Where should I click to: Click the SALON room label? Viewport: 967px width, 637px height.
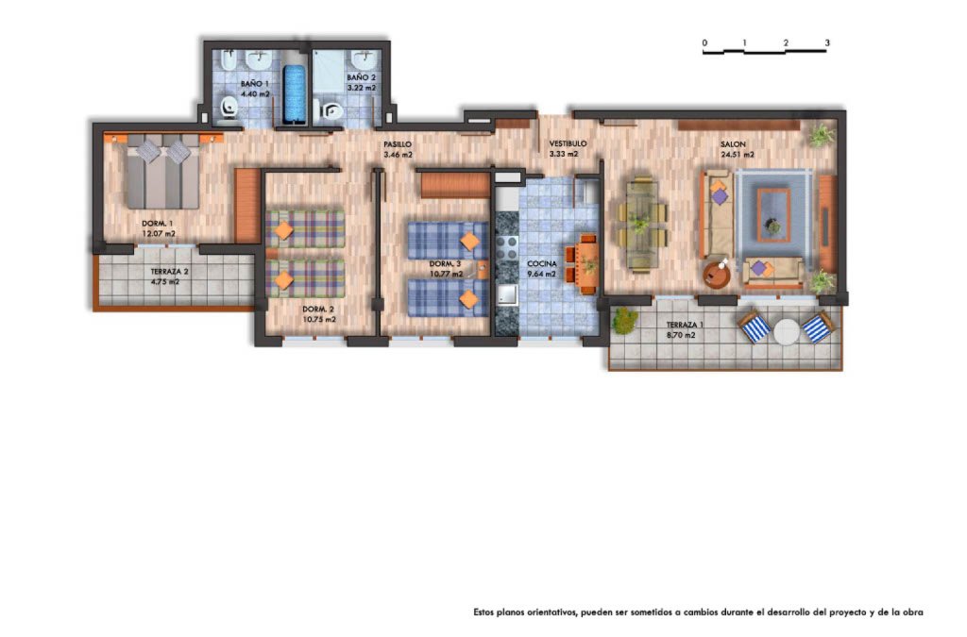(733, 144)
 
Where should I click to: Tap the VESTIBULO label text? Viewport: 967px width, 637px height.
(568, 143)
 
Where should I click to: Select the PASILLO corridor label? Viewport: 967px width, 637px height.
(398, 144)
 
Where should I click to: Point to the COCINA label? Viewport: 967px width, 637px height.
(541, 263)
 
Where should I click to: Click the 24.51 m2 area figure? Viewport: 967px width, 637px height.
(737, 155)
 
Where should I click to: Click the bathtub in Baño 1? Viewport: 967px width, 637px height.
(295, 94)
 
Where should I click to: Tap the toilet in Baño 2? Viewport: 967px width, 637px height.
(331, 111)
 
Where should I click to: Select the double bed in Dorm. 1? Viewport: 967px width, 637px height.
(163, 172)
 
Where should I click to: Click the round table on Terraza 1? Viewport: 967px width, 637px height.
(787, 332)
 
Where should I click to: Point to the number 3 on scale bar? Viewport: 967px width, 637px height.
(827, 43)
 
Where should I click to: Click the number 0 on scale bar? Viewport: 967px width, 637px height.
(704, 43)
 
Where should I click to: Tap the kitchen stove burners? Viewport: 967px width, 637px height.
(507, 247)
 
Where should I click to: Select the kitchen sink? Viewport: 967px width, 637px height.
(507, 294)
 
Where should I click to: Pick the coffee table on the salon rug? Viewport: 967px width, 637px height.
(773, 214)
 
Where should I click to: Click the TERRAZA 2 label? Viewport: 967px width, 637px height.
(169, 271)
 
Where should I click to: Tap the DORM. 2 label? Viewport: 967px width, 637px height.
(318, 310)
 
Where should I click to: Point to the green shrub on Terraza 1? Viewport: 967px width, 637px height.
(625, 320)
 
